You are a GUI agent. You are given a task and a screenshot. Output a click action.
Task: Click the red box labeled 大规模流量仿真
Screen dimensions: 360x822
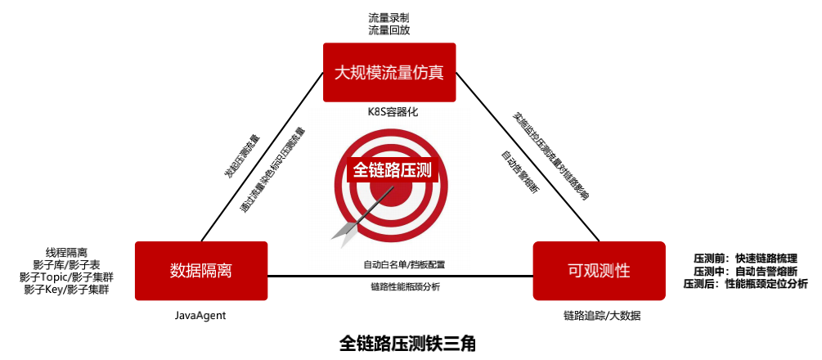pos(389,72)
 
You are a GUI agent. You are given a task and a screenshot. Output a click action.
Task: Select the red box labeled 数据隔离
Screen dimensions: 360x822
pos(201,270)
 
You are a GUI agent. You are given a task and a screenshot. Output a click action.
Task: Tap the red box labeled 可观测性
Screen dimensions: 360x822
pos(599,270)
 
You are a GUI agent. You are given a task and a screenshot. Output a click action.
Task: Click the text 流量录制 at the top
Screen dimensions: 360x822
pos(389,16)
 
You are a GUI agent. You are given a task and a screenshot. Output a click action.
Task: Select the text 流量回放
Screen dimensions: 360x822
pos(389,29)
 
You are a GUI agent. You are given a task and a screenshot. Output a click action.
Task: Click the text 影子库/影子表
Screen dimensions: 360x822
pos(66,265)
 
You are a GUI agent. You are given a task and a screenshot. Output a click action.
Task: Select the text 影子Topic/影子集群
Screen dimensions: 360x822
pos(66,277)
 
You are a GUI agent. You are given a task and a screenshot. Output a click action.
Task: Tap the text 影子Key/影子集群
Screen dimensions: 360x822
pos(66,290)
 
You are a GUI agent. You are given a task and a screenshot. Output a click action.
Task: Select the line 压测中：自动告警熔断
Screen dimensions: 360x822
pos(745,271)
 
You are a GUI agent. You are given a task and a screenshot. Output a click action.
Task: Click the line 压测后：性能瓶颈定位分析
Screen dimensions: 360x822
pos(745,284)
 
